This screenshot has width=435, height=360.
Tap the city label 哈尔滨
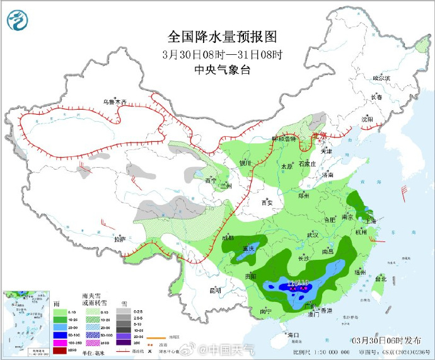click(x=381, y=78)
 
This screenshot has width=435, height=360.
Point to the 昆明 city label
click(x=215, y=291)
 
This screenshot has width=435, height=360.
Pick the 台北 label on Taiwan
click(x=381, y=278)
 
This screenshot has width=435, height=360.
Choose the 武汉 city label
click(x=313, y=235)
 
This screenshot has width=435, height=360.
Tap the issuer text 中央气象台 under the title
click(x=223, y=69)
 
